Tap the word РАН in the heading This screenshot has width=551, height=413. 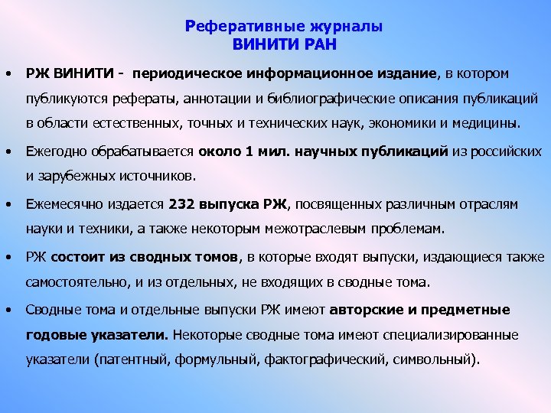click(x=321, y=44)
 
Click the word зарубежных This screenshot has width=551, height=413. click(x=78, y=176)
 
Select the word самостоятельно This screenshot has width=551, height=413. click(x=72, y=281)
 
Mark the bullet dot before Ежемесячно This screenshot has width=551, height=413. click(x=7, y=204)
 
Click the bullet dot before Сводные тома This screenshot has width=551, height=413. click(x=7, y=310)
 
